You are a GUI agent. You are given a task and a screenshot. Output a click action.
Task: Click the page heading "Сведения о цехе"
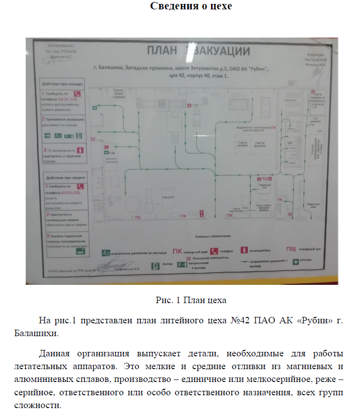(x=191, y=7)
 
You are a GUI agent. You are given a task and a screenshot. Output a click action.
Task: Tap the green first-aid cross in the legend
(x=296, y=262)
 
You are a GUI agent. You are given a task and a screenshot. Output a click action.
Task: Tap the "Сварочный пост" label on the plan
(x=263, y=188)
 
